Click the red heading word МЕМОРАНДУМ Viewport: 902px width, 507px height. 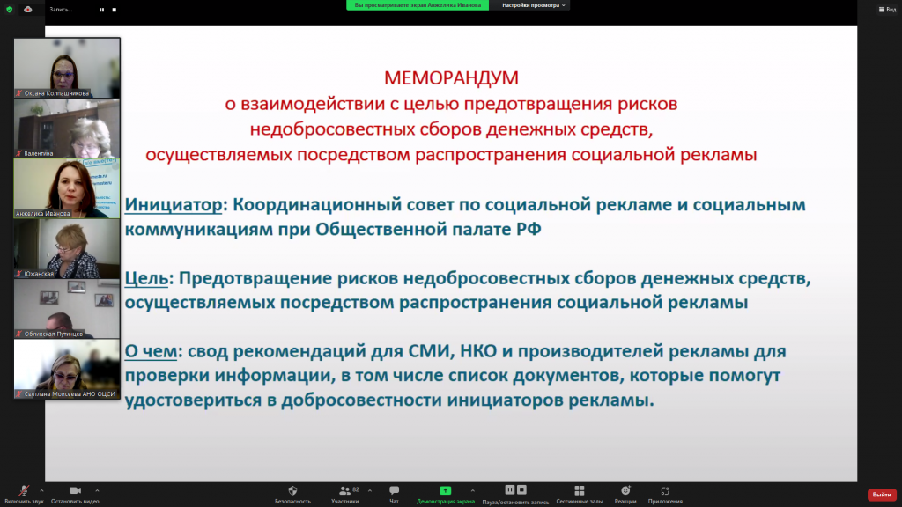point(451,77)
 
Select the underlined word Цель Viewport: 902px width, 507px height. point(147,279)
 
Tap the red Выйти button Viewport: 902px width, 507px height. point(881,495)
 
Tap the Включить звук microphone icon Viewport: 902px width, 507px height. point(23,490)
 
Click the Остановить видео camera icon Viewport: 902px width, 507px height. point(75,490)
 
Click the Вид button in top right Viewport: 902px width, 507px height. point(887,10)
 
